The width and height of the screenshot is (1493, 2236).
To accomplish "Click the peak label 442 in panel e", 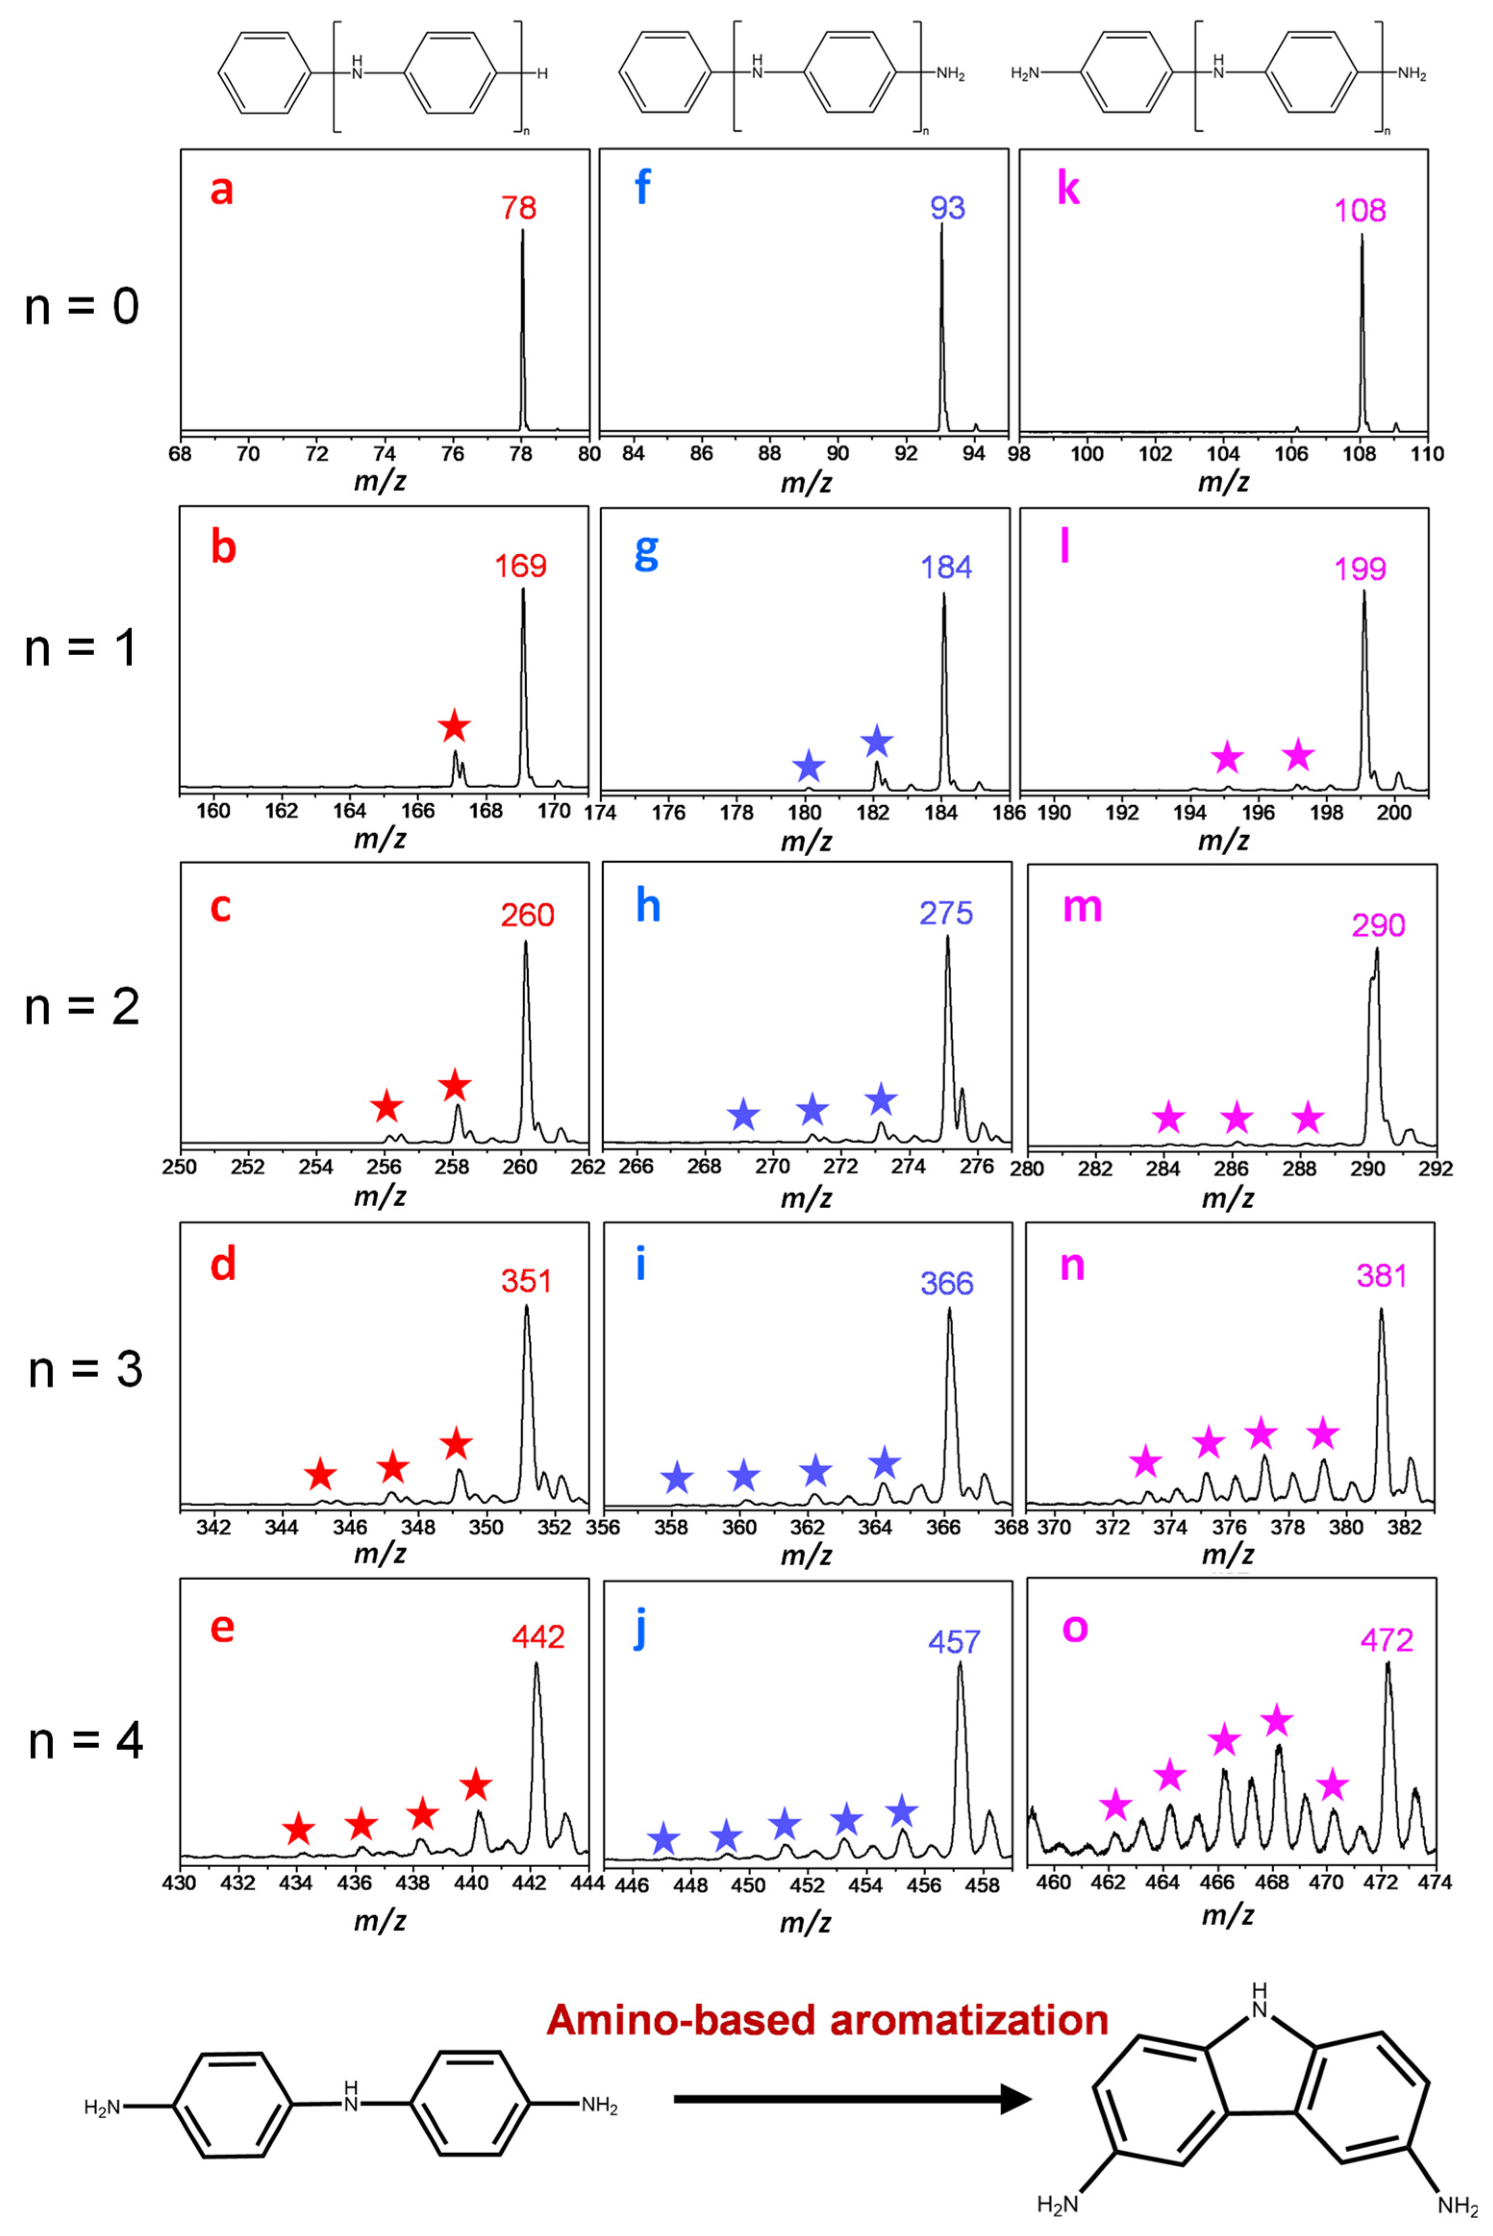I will point(538,1637).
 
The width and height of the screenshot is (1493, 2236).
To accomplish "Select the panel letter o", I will point(1074,1627).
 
